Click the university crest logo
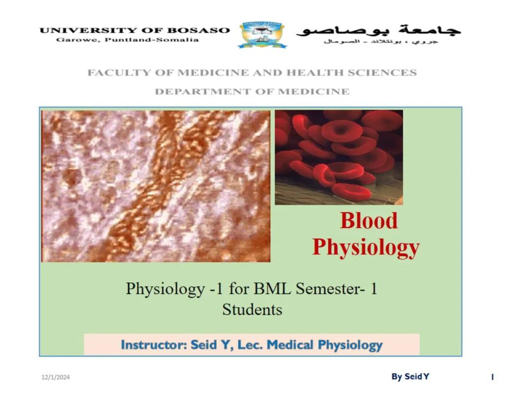pyautogui.click(x=263, y=34)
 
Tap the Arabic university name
pyautogui.click(x=379, y=30)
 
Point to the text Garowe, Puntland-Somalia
pyautogui.click(x=128, y=40)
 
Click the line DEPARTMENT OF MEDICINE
pyautogui.click(x=252, y=91)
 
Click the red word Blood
pyautogui.click(x=369, y=220)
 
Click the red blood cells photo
pyautogui.click(x=339, y=157)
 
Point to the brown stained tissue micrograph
pyautogui.click(x=156, y=186)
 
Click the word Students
pyautogui.click(x=252, y=309)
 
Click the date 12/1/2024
pyautogui.click(x=55, y=377)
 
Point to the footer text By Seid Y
pyautogui.click(x=410, y=376)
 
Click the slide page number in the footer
pyautogui.click(x=492, y=377)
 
